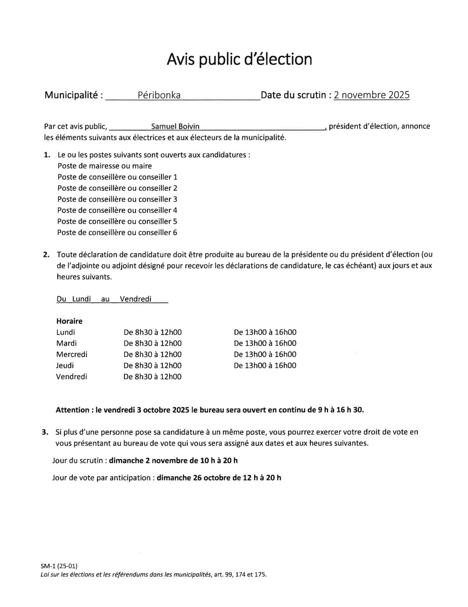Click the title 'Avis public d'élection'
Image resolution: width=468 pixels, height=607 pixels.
[239, 59]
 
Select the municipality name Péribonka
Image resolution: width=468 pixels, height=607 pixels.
[159, 95]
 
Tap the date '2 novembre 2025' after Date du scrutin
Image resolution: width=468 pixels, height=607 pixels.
[371, 95]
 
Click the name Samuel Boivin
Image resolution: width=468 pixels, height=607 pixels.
[175, 126]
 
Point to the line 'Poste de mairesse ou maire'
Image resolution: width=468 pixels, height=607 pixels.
[105, 166]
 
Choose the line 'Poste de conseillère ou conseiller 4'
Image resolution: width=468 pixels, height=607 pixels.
[117, 210]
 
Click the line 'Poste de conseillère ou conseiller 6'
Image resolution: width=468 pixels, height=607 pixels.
[117, 233]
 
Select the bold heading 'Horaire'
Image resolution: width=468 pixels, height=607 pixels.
[69, 321]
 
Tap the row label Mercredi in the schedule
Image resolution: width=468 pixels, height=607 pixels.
[72, 354]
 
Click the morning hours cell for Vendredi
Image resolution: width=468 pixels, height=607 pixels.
[153, 377]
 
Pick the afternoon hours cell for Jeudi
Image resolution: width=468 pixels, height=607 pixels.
[265, 365]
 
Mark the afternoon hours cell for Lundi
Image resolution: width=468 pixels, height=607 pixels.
[265, 332]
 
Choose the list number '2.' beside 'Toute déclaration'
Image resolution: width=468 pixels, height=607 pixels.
[46, 254]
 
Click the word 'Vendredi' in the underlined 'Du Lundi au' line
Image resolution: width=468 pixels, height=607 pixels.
[135, 299]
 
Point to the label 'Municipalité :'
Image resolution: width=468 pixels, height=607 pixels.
[74, 95]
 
